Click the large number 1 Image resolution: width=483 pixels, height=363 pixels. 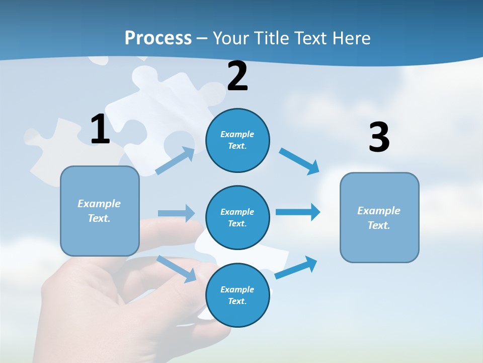tap(100, 130)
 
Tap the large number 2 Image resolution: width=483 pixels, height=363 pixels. tap(237, 76)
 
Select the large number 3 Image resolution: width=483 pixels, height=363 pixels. tap(379, 138)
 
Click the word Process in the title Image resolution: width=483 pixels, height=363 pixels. tap(158, 38)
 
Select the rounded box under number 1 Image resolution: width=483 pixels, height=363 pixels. tap(100, 211)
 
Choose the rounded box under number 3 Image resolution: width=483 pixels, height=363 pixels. tap(379, 217)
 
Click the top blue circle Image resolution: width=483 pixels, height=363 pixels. tap(237, 140)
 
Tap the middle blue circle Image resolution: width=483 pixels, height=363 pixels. tap(237, 217)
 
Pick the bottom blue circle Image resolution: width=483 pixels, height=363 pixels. tap(237, 295)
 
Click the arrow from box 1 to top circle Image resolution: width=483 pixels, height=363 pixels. tap(175, 161)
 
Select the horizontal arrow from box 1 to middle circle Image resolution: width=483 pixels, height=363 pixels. tap(176, 213)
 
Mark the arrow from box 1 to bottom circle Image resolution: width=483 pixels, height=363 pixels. tap(177, 269)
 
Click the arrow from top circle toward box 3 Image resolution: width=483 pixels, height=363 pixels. tap(300, 161)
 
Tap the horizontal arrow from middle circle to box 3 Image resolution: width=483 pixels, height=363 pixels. tap(298, 212)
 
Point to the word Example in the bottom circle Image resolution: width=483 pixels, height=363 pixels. tap(237, 289)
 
